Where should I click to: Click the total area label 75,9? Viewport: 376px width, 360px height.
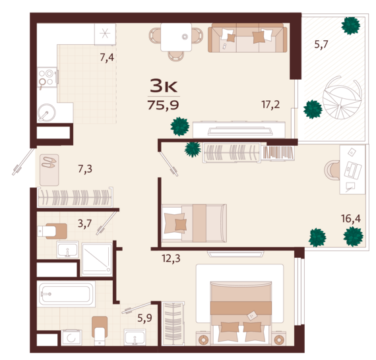[163, 105]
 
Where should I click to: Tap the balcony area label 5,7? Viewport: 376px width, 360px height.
[321, 45]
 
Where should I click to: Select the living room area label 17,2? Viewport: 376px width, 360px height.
[270, 104]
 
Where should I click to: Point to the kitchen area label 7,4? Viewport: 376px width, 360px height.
[107, 57]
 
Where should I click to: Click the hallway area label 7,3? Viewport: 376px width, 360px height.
[85, 169]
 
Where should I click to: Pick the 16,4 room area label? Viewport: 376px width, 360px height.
[351, 219]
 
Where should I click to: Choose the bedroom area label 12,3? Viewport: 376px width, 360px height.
[171, 258]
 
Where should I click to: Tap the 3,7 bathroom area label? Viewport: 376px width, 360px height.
[84, 224]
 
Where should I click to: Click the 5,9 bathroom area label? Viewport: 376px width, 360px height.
[145, 318]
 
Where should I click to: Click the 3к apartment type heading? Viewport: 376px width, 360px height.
[164, 86]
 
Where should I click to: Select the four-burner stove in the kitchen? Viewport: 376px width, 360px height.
[47, 77]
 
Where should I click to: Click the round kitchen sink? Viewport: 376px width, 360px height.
[47, 113]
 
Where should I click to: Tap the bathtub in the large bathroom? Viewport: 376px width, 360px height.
[66, 294]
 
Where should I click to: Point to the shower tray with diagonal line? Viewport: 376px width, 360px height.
[97, 259]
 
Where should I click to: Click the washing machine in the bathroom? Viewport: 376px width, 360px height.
[71, 338]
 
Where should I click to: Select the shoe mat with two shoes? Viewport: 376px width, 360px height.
[49, 170]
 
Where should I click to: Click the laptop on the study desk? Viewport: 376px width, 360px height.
[353, 169]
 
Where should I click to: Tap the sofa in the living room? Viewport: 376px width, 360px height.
[247, 38]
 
